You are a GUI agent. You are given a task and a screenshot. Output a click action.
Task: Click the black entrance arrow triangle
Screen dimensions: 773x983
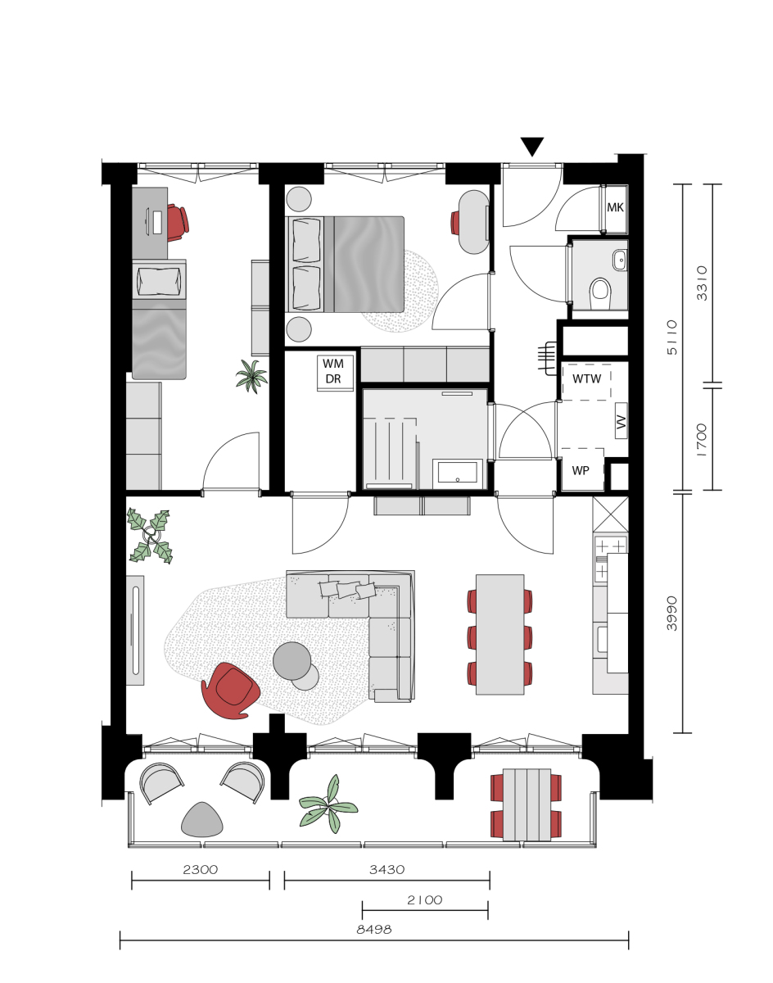pos(532,146)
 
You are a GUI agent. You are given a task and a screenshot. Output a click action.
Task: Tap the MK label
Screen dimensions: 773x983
pos(615,207)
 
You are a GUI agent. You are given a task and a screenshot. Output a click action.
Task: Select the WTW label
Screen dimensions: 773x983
pos(586,378)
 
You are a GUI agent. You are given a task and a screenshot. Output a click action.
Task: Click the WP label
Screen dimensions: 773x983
pos(581,470)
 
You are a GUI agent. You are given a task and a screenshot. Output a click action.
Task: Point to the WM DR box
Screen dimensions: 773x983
pos(335,373)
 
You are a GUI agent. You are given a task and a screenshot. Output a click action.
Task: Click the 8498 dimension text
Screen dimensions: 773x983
pos(374,929)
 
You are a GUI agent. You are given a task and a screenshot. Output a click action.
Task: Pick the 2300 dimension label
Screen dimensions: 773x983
pos(200,869)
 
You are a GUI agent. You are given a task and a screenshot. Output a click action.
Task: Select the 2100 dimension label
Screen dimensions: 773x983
pos(425,900)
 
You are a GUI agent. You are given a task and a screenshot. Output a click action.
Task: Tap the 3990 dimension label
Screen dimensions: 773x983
pos(671,614)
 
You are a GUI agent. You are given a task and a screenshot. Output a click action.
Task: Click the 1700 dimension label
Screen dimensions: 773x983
pos(702,440)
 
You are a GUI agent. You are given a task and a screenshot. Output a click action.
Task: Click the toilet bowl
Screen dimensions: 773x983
pos(600,293)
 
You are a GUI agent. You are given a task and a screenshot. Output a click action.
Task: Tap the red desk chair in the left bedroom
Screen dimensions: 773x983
pos(178,222)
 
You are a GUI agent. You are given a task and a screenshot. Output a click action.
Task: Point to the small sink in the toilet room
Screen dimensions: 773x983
pos(620,260)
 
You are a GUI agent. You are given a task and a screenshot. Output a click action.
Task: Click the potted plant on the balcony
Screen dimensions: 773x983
pos(328,804)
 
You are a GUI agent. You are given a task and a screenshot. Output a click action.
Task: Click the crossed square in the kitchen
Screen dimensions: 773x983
pos(610,514)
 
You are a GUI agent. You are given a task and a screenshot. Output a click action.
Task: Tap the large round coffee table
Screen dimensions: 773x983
pos(292,660)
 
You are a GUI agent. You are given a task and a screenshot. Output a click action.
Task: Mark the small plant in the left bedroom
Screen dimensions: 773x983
pos(251,375)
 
